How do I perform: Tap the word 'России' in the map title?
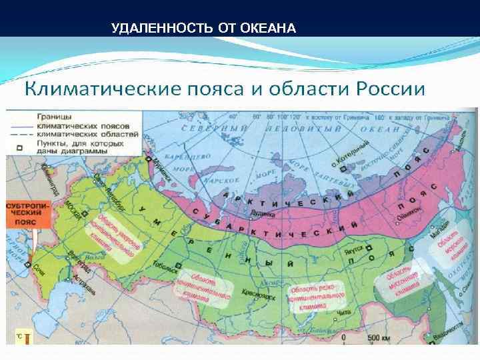[x=389, y=88]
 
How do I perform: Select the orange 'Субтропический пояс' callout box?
[x=27, y=213]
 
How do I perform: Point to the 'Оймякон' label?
[x=407, y=208]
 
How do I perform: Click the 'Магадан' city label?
[x=434, y=235]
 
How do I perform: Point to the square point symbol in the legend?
[x=19, y=147]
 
